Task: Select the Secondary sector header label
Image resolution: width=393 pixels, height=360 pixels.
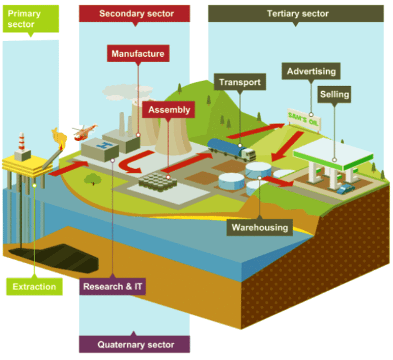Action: click(134, 14)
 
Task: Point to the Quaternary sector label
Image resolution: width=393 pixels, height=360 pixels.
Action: click(134, 345)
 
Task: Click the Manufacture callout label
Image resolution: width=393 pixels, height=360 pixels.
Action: click(138, 54)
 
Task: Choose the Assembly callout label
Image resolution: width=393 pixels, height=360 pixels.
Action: click(169, 109)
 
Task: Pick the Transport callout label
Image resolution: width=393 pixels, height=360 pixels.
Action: click(240, 82)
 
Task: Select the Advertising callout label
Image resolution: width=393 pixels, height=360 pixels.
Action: click(311, 71)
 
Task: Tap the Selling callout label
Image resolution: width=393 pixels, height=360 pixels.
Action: click(334, 94)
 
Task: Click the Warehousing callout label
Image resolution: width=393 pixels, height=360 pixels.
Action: click(260, 227)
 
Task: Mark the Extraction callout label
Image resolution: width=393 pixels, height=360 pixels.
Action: click(34, 287)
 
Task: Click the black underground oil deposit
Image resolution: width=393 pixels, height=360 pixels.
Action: click(56, 256)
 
